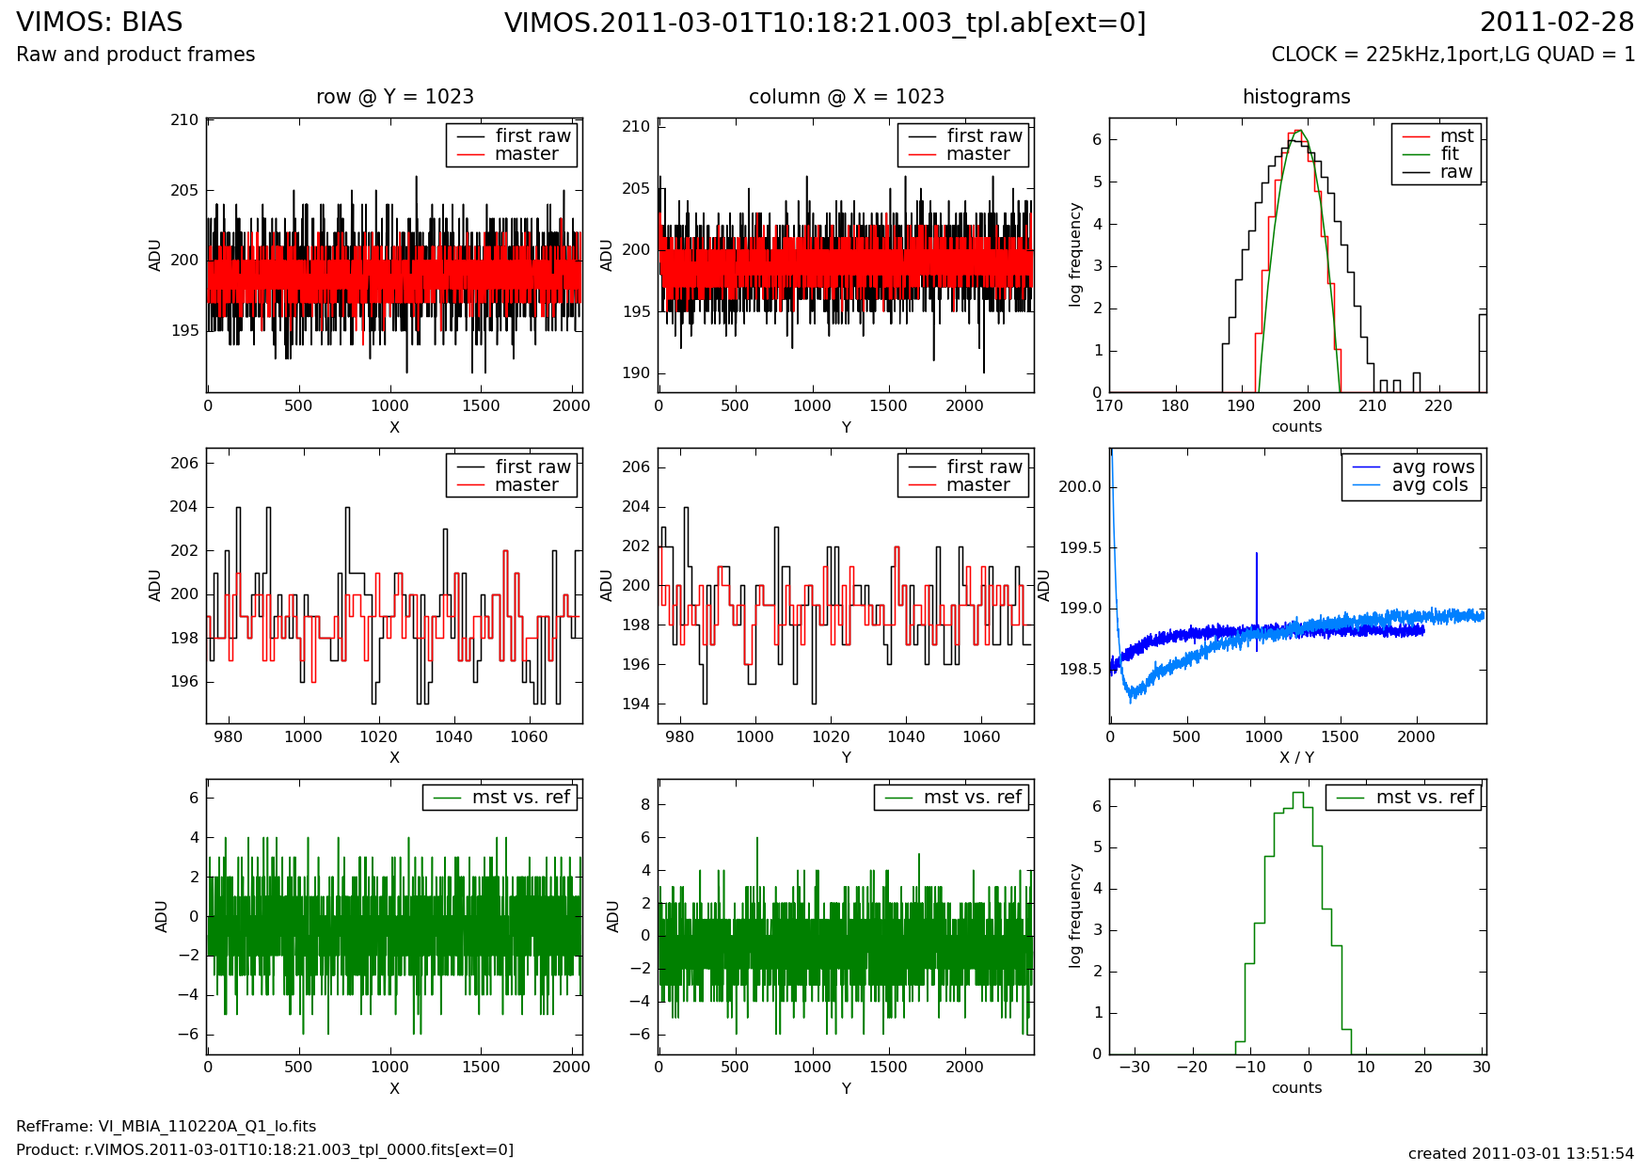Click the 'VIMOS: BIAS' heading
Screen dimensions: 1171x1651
[x=100, y=23]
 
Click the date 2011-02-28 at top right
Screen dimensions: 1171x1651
[x=1557, y=23]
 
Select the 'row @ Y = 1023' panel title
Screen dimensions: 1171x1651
[x=394, y=97]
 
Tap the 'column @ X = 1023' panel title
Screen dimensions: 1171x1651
[x=846, y=97]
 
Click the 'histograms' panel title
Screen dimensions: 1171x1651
[x=1296, y=97]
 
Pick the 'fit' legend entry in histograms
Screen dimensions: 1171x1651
[x=1449, y=154]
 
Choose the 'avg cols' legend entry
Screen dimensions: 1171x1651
[x=1429, y=485]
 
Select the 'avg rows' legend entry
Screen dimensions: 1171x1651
[x=1433, y=467]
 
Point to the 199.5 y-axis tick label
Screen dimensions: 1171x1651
[x=1081, y=548]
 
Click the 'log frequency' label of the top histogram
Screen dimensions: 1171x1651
[x=1075, y=255]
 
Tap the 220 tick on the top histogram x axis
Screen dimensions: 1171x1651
[x=1438, y=406]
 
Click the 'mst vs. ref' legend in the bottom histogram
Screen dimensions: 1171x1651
[x=1424, y=798]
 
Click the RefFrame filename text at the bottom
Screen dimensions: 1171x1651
[x=167, y=1127]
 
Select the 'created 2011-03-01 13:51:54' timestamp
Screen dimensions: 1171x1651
[x=1520, y=1153]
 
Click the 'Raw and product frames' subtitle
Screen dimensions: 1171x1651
[x=135, y=55]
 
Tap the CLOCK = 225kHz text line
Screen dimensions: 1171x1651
[x=1453, y=55]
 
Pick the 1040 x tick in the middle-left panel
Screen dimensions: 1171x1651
[x=453, y=736]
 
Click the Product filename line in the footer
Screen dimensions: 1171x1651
[x=264, y=1149]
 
